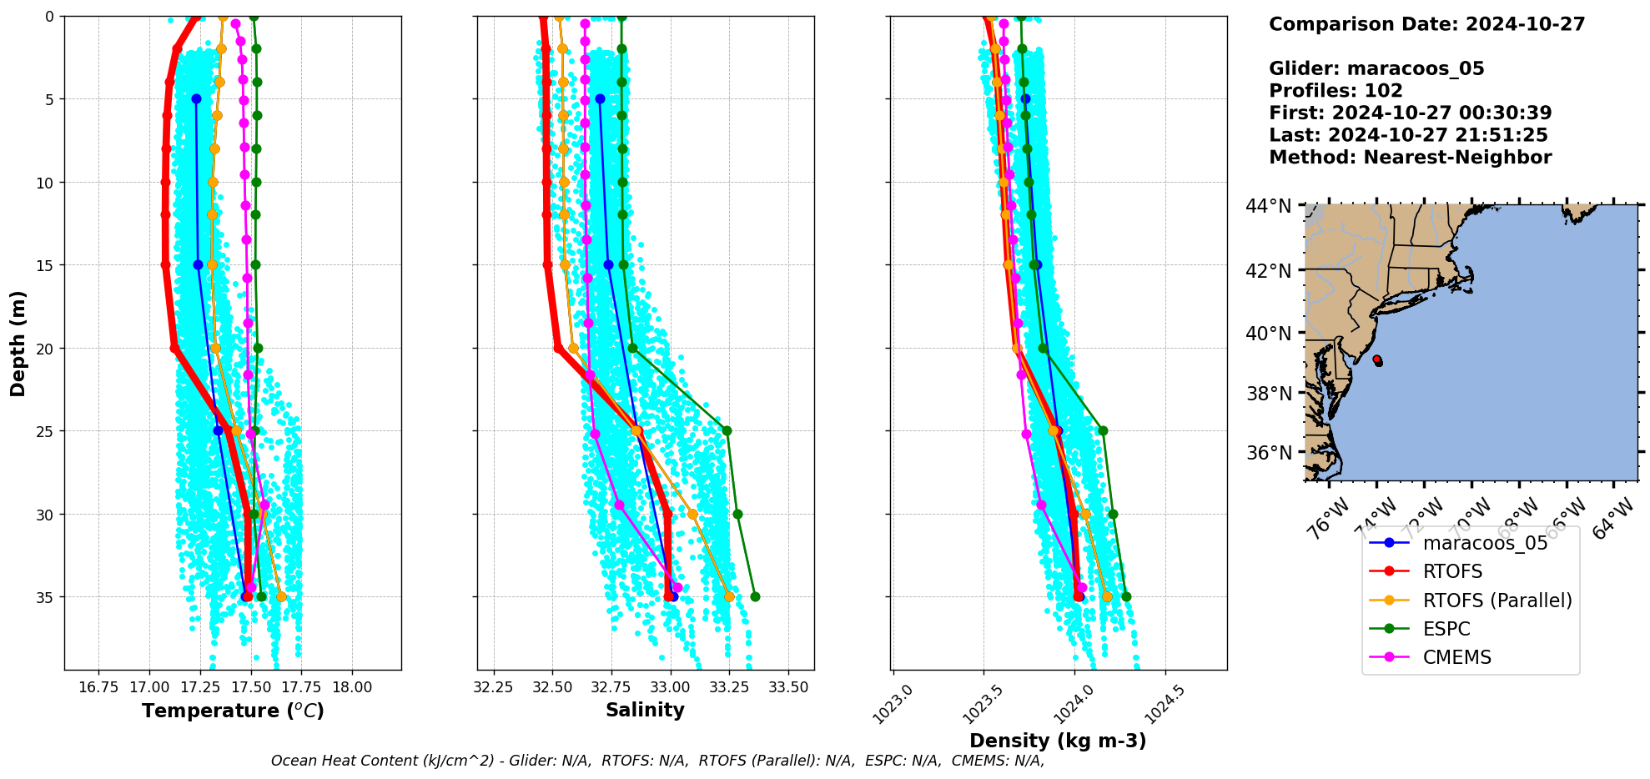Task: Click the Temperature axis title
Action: point(233,711)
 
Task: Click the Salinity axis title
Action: point(645,710)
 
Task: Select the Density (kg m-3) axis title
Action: point(1058,741)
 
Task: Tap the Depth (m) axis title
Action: point(18,343)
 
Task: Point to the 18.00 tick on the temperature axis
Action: point(352,687)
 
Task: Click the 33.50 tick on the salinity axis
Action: point(788,687)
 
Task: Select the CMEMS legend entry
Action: point(1456,657)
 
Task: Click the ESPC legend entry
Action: point(1446,629)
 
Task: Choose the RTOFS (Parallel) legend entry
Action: point(1497,601)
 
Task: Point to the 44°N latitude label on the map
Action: point(1268,206)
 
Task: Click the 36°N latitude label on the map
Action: point(1268,453)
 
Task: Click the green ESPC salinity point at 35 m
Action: point(755,596)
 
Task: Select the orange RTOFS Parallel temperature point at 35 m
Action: point(281,596)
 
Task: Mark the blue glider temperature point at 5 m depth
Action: point(196,98)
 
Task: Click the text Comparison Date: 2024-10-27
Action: point(1426,24)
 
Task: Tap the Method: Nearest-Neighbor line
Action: point(1410,158)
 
